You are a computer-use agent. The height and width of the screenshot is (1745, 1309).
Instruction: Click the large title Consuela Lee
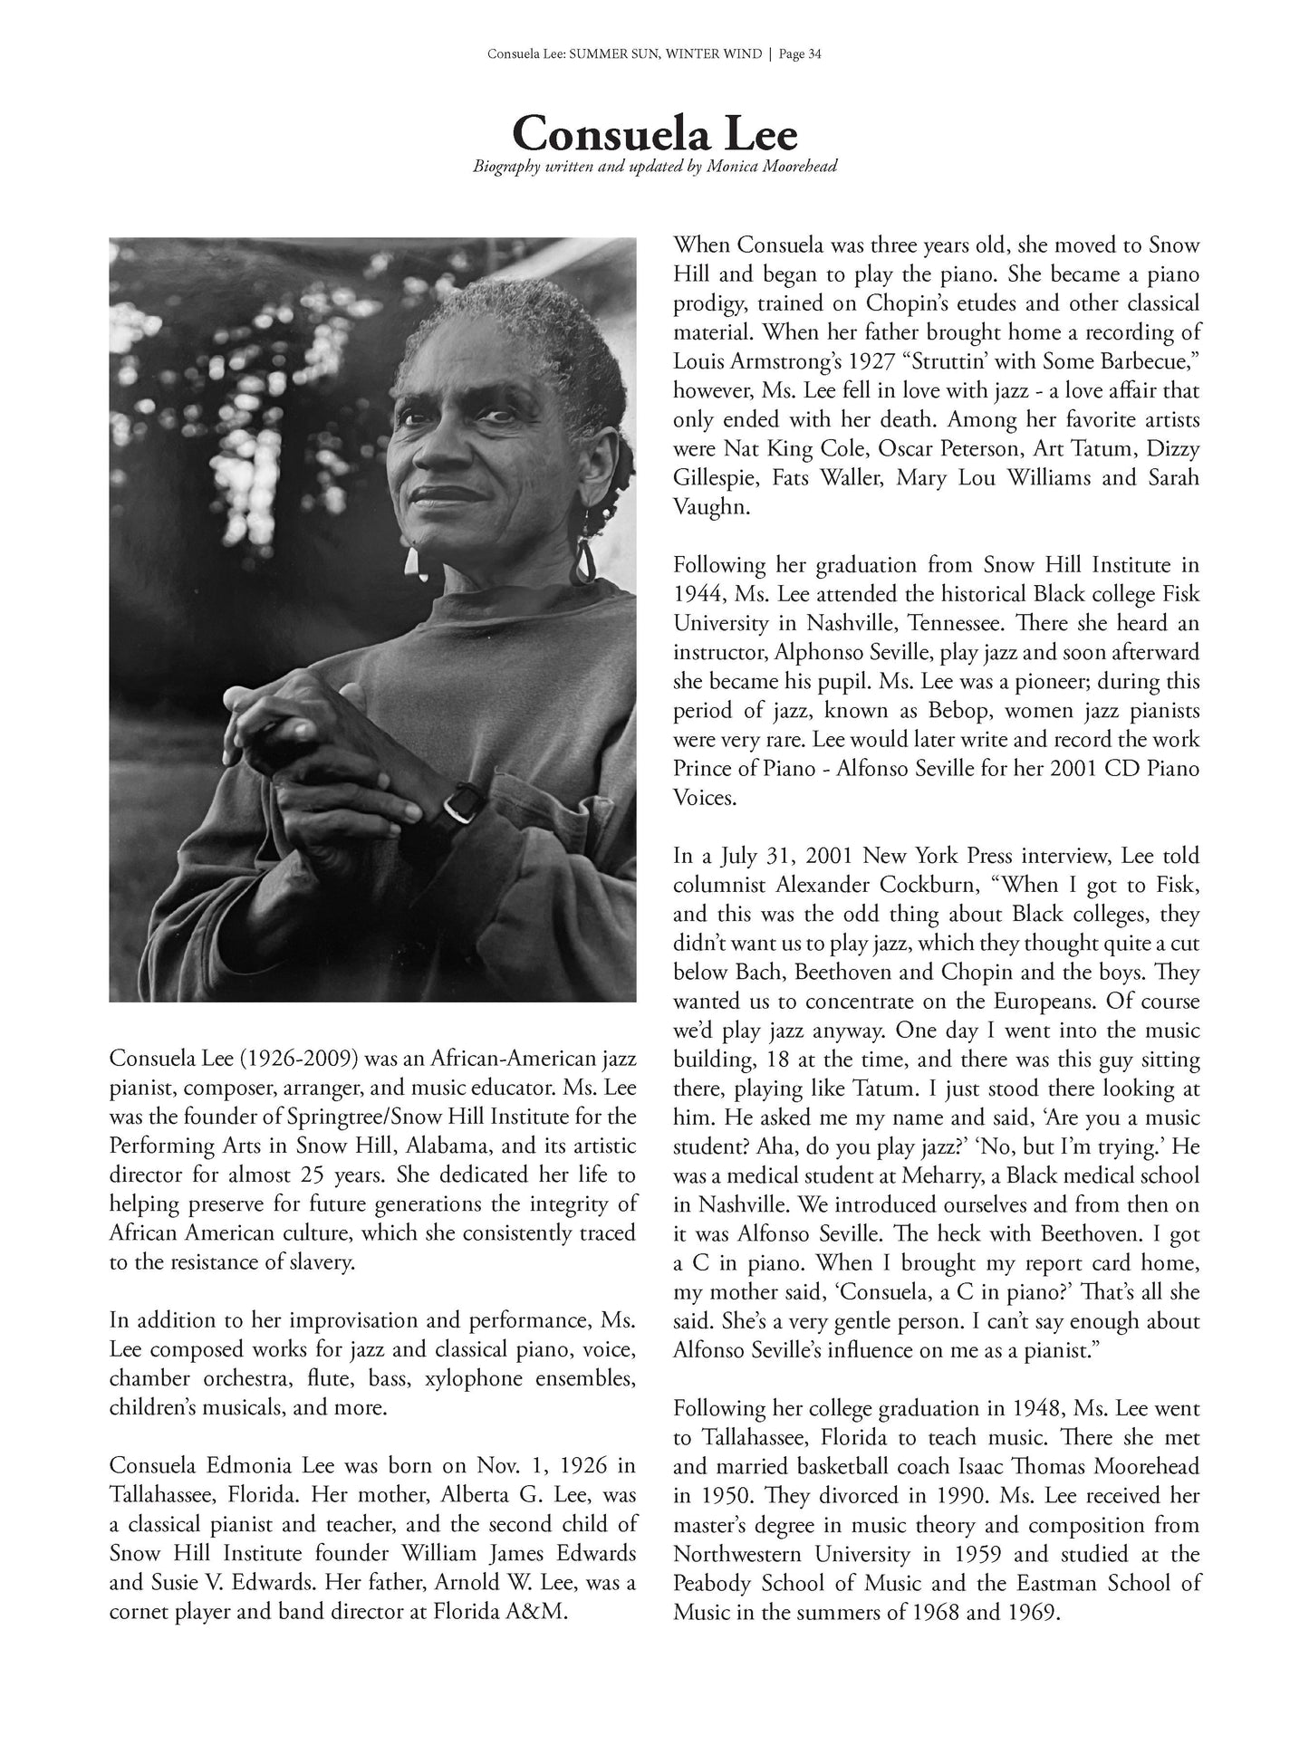tap(655, 134)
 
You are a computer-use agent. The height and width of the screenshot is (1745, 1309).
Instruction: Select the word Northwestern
tap(747, 1554)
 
